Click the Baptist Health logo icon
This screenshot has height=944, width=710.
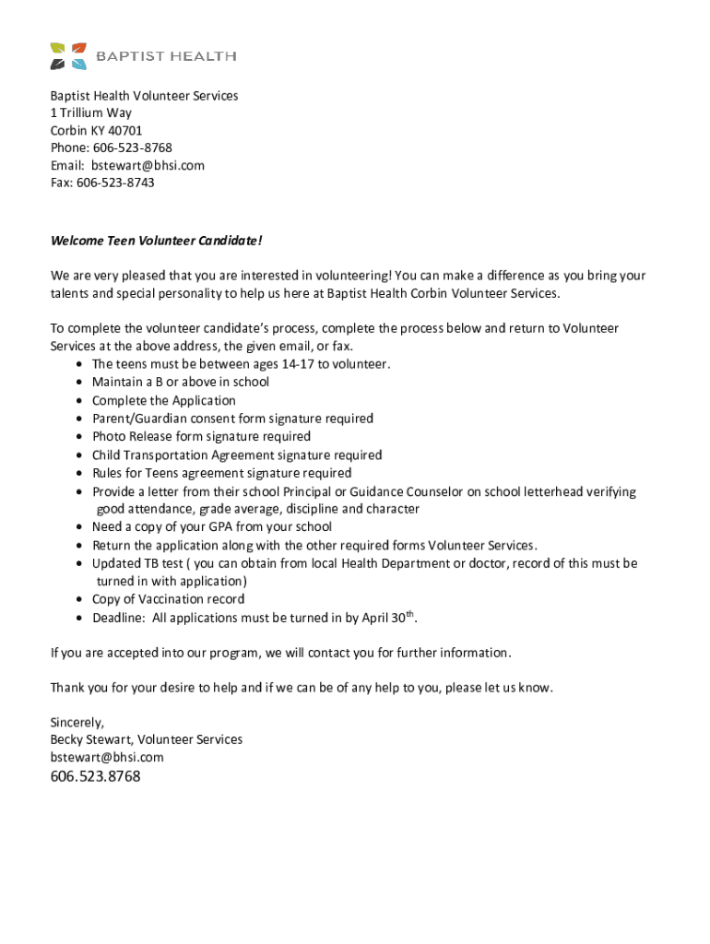tap(68, 56)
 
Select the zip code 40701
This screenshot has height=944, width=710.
tap(125, 130)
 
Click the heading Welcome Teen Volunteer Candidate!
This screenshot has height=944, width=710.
tap(156, 241)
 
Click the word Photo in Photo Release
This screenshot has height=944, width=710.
tap(109, 436)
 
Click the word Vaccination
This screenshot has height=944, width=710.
tap(173, 599)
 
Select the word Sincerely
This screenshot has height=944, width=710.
tap(77, 722)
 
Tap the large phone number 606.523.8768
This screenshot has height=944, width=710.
tap(95, 776)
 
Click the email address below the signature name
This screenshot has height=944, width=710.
tap(107, 757)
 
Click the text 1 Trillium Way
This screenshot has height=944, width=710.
tap(90, 112)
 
